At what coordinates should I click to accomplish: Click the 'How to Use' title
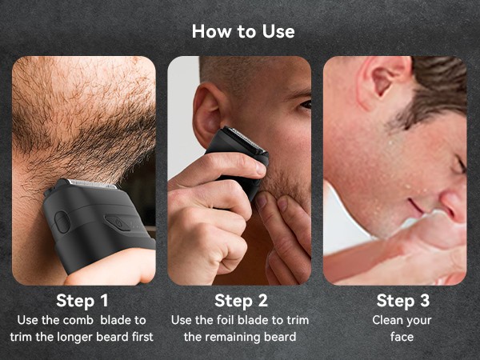coord(243,31)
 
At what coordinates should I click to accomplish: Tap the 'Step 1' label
coord(82,301)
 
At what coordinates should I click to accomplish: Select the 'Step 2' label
coord(240,301)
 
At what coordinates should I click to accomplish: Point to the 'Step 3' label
coord(402,301)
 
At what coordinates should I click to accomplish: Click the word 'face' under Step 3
coord(402,337)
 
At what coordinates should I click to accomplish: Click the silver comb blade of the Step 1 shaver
coord(91,183)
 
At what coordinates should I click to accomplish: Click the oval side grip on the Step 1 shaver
coord(62,222)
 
